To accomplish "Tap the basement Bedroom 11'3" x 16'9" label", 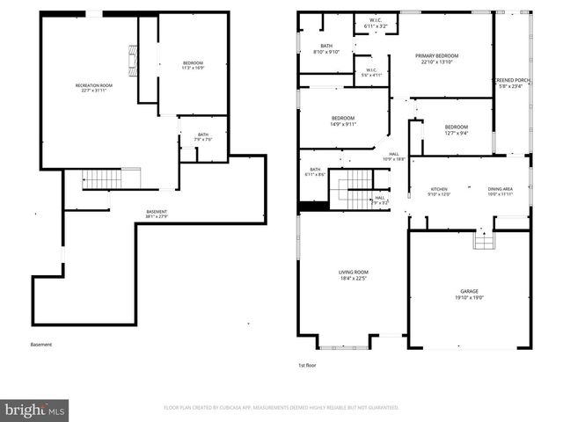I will coord(193,65).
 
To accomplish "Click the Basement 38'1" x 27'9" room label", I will coord(157,214).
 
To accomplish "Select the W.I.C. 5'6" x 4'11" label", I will coord(370,73).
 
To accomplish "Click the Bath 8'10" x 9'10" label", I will coord(326,49).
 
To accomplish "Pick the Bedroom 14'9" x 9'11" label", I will coord(343,121).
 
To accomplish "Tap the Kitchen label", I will coord(438,192).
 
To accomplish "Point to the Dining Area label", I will coord(501,192).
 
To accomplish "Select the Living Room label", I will coord(353,276).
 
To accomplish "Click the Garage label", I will coord(469,295).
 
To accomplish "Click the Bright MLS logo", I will coord(35,409).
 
